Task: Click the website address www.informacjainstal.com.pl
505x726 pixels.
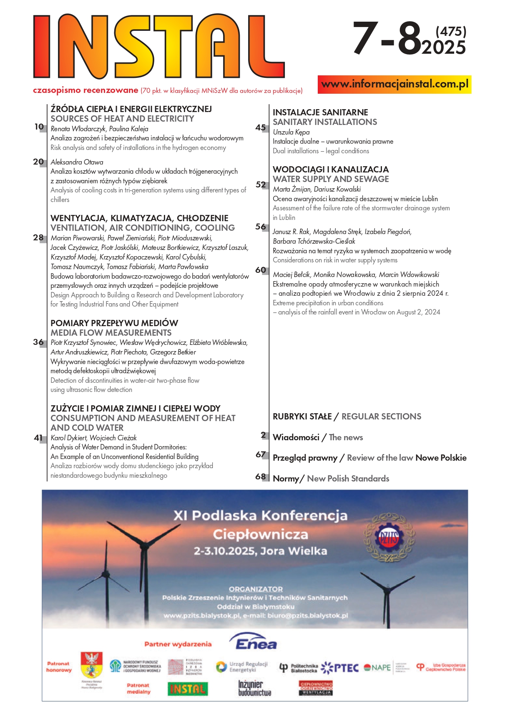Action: tap(394, 84)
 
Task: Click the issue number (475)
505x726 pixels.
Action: tap(451, 31)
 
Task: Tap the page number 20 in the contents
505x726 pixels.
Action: tap(38, 162)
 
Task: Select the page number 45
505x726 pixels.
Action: tap(261, 127)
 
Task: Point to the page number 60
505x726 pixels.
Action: tap(261, 270)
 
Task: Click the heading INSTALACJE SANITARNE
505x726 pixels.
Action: tap(320, 112)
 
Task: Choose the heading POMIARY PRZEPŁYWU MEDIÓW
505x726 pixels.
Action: tap(114, 323)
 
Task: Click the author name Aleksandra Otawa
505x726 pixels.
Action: tap(77, 162)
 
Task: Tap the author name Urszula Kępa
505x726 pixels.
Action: tap(291, 132)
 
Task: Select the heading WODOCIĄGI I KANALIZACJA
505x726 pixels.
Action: tap(331, 169)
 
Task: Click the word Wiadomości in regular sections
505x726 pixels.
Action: tap(296, 437)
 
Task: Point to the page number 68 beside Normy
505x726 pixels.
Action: tap(261, 476)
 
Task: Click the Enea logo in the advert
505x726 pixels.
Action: tap(255, 642)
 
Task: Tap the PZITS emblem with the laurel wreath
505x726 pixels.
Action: tap(388, 538)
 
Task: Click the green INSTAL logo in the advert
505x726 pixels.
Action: tap(188, 689)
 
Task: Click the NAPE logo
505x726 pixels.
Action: tap(377, 668)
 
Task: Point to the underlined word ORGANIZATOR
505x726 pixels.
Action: tap(256, 589)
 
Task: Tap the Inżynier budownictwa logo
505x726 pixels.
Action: tap(254, 688)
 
